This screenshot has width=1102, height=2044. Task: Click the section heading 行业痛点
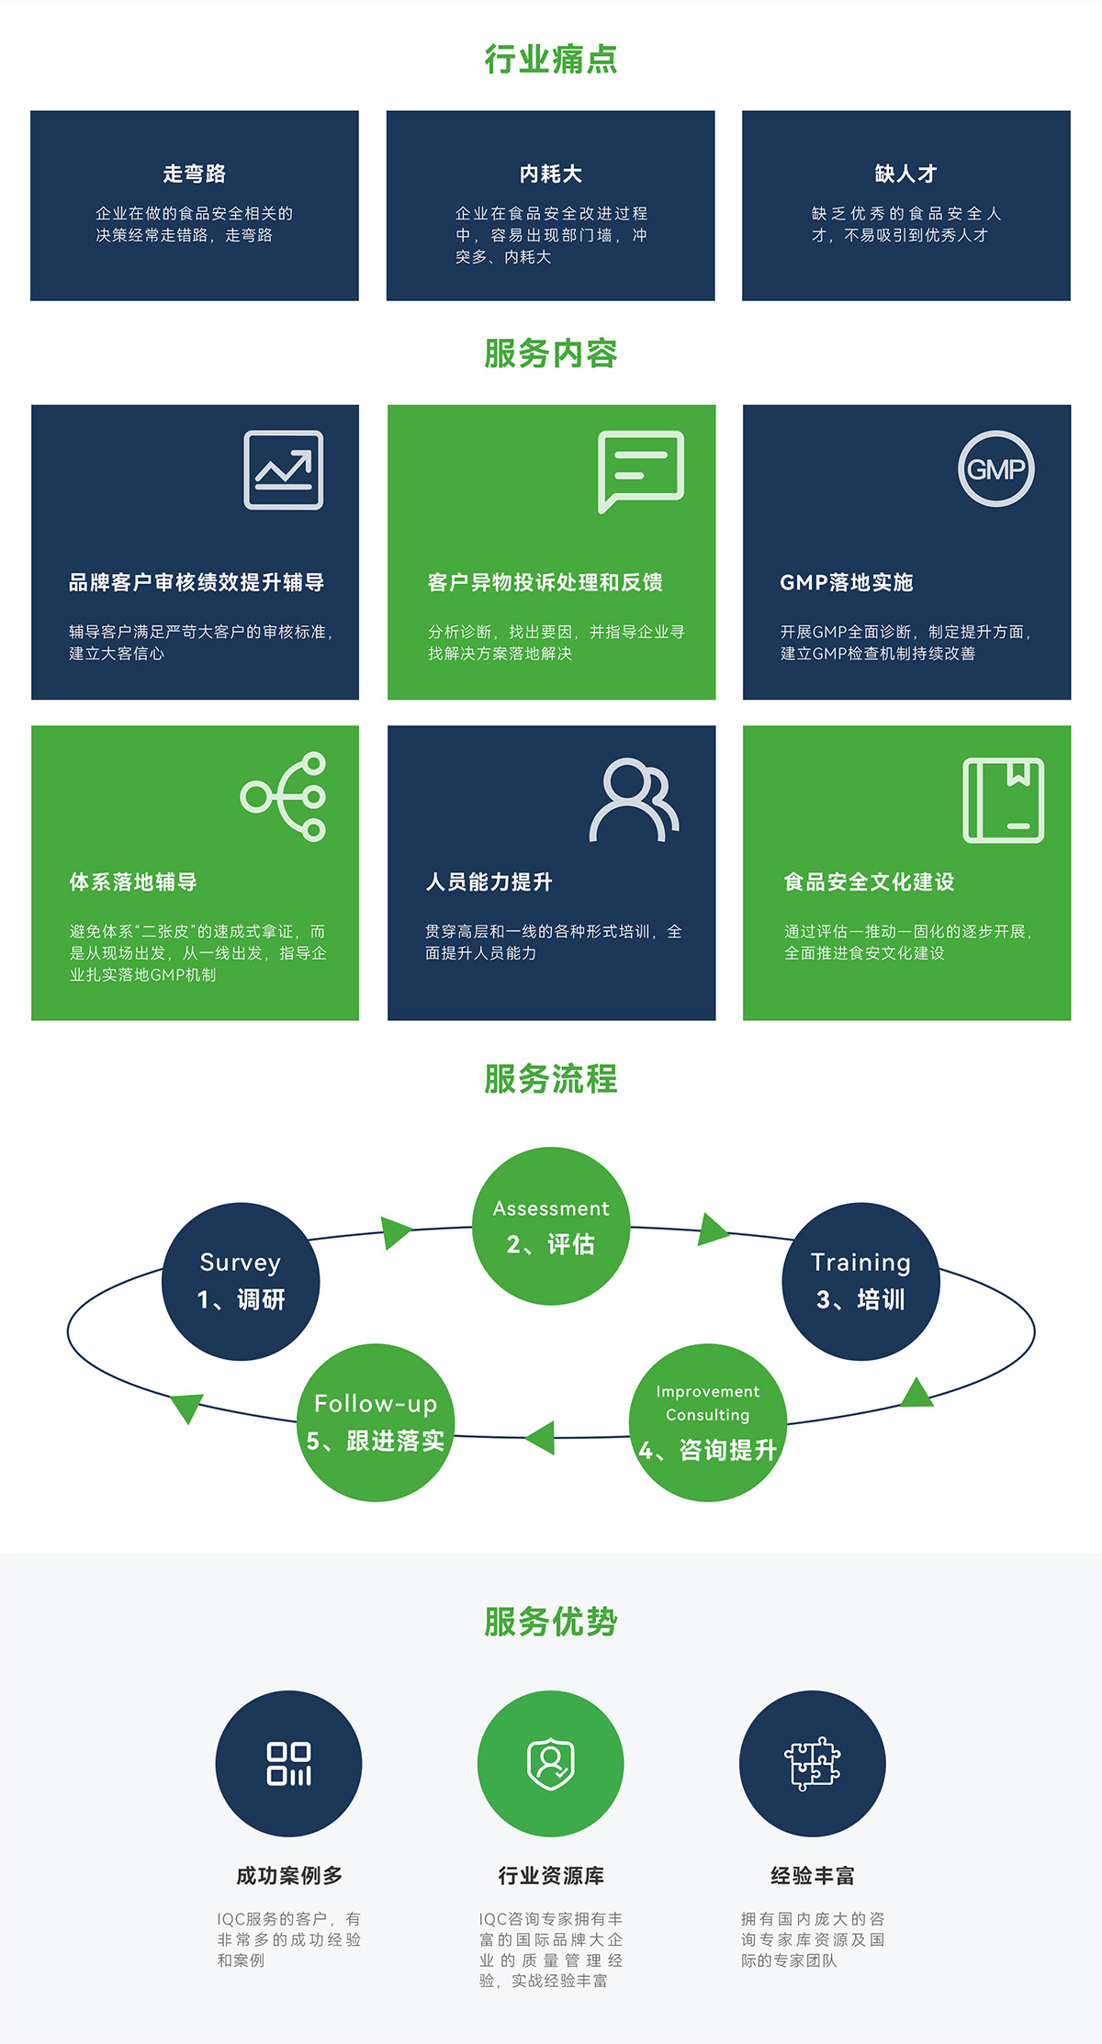(x=551, y=60)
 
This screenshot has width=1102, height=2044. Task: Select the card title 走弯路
(x=194, y=174)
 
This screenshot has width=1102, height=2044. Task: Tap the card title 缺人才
(x=905, y=174)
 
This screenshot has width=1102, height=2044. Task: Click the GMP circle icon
(x=996, y=469)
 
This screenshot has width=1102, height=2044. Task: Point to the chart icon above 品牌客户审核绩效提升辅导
(x=284, y=469)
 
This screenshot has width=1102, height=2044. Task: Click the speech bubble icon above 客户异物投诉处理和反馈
(x=640, y=470)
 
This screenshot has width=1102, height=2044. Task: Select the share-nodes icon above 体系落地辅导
(x=285, y=796)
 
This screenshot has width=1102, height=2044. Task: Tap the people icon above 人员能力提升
(x=634, y=800)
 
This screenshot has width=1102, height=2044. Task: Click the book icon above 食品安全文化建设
(x=1003, y=800)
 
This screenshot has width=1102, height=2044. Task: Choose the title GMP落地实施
(x=846, y=582)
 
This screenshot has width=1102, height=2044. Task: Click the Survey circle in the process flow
(x=241, y=1281)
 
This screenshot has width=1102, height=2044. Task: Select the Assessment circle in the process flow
(x=551, y=1226)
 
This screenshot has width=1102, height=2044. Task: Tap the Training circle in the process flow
(x=860, y=1281)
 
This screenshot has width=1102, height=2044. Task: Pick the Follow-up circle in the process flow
(x=377, y=1422)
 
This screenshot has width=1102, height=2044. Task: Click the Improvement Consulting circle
(x=707, y=1422)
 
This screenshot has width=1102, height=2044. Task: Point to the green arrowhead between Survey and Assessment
(x=396, y=1231)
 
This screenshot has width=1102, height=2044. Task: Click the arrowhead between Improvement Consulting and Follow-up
(x=542, y=1437)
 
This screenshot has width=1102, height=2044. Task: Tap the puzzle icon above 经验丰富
(x=812, y=1764)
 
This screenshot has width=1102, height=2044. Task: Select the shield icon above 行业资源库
(x=550, y=1764)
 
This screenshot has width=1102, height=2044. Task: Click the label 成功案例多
(x=289, y=1875)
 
